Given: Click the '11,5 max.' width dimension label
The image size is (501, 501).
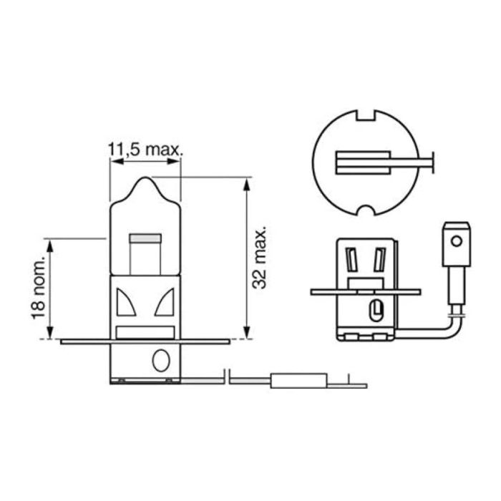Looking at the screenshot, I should coord(145,150).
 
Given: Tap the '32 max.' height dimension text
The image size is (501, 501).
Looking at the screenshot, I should coord(261,258).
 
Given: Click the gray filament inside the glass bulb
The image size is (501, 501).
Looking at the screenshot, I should coord(145,237).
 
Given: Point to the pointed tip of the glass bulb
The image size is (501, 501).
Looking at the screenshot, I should coord(145,179).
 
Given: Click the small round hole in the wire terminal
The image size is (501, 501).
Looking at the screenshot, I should coord(454,241).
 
